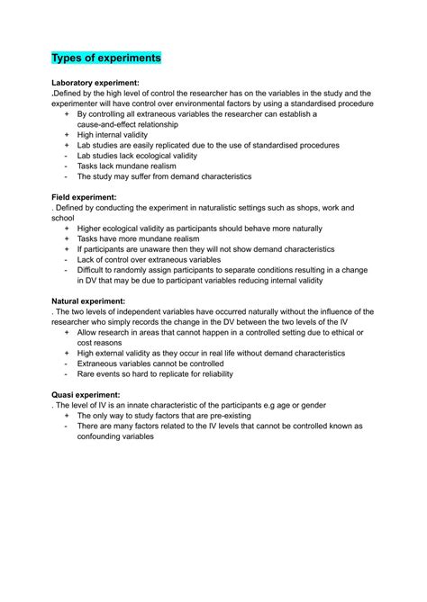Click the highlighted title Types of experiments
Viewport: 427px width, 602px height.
105,58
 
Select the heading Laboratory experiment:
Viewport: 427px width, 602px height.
95,82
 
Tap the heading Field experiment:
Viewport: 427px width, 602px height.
84,196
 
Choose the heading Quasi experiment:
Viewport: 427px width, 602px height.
86,394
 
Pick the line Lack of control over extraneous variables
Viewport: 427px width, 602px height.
149,259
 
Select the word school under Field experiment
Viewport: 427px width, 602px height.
63,218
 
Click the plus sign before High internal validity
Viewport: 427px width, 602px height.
66,135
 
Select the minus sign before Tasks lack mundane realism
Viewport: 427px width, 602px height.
66,166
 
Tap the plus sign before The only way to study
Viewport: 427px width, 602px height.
66,416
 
